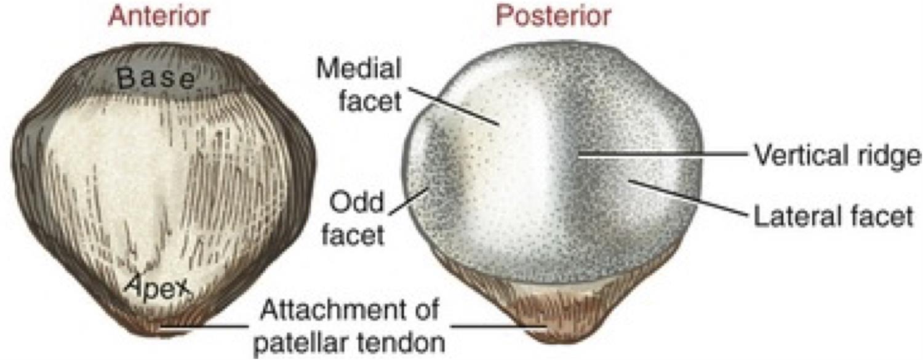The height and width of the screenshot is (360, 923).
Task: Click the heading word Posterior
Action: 553,17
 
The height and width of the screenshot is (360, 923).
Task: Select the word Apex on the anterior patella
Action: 159,284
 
